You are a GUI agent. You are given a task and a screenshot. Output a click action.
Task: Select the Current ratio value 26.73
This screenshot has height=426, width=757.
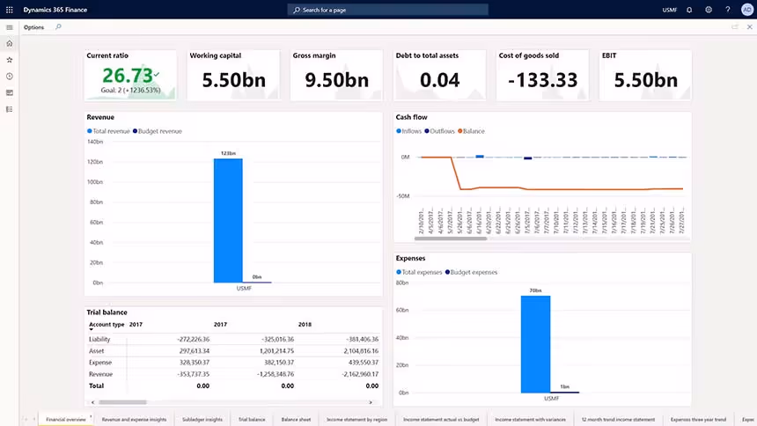(128, 75)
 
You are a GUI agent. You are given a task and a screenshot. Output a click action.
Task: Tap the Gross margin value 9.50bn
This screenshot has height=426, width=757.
(336, 80)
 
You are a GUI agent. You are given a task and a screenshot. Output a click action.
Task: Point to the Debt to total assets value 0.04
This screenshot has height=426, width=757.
(439, 80)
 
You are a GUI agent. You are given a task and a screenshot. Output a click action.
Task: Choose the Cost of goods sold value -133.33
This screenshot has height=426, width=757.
(542, 80)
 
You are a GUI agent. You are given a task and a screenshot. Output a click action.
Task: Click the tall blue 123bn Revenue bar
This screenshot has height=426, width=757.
(229, 220)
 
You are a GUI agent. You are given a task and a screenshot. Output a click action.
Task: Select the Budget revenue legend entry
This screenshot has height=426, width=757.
(159, 131)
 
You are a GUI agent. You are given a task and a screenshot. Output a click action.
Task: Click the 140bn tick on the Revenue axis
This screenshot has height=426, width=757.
(95, 142)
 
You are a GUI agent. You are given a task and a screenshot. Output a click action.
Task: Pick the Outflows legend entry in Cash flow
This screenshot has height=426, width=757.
(440, 131)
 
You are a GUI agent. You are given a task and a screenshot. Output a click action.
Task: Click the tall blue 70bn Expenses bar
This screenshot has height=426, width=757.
(535, 343)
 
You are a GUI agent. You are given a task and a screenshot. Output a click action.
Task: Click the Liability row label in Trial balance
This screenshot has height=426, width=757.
(99, 339)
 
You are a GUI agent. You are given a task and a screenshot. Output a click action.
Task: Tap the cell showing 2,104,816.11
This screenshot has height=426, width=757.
(351, 350)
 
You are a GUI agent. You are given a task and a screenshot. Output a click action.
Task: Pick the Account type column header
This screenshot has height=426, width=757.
(107, 324)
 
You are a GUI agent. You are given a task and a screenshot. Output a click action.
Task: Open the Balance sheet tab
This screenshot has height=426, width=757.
(295, 420)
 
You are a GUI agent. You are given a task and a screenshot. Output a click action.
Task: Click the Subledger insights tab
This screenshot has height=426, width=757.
(203, 420)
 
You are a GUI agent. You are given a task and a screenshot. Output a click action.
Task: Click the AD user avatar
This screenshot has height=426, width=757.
(747, 10)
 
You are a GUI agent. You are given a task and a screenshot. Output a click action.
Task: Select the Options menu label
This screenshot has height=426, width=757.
(33, 27)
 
